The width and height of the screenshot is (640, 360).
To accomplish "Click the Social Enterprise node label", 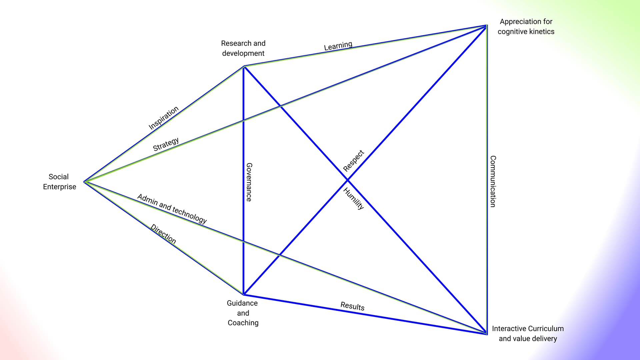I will [x=59, y=182].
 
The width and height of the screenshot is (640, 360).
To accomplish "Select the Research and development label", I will [x=243, y=48].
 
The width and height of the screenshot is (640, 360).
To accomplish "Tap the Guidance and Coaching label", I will [x=243, y=313].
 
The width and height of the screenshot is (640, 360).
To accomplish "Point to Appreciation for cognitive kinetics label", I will [x=526, y=27].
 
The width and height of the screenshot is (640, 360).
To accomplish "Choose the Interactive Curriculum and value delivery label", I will [x=528, y=333].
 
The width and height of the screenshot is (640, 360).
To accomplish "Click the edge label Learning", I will [x=338, y=46].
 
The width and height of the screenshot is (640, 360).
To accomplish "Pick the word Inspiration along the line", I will [x=163, y=118].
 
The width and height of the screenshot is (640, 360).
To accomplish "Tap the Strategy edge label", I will [x=166, y=144].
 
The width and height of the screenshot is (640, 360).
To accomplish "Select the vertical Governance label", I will [x=249, y=182].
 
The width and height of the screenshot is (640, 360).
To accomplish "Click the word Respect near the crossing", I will [x=353, y=161].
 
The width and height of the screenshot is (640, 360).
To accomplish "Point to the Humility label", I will [x=353, y=199].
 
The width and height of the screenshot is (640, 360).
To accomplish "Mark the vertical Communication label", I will [x=493, y=181].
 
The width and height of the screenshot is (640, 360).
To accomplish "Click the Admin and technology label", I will [x=172, y=209].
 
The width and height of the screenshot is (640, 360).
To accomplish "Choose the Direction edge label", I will [x=163, y=234].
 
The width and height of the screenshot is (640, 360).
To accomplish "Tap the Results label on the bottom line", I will [x=352, y=306].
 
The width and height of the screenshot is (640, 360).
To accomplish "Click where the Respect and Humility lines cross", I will [x=347, y=180].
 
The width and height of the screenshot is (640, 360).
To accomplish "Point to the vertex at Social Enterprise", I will [x=85, y=182].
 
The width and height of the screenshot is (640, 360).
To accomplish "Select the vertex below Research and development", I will [x=244, y=67].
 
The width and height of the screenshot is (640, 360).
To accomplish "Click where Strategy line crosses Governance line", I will [x=244, y=120].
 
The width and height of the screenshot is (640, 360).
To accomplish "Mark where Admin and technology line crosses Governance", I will [x=244, y=241].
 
